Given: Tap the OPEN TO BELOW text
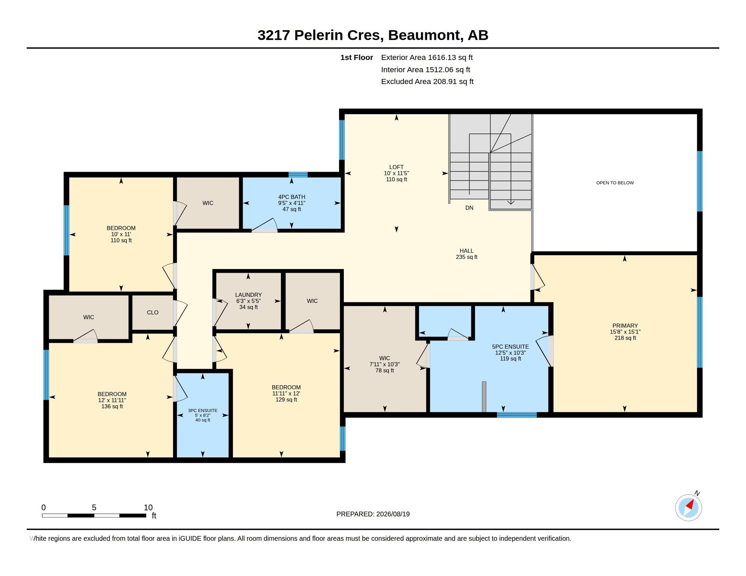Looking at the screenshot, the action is click(615, 183).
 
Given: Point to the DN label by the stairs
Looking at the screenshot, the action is click(469, 208).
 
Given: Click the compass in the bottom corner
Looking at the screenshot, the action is click(688, 508).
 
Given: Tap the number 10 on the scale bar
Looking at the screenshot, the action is click(148, 508).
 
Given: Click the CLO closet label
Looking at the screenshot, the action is click(153, 313).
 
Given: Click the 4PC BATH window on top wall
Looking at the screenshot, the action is click(298, 175).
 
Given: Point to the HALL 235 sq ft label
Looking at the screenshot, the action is click(467, 254).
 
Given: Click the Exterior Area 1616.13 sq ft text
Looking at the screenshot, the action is click(427, 58).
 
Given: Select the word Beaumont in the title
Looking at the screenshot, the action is click(424, 35).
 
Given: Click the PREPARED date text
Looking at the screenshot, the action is click(373, 514).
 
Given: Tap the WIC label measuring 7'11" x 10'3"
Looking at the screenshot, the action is click(385, 365).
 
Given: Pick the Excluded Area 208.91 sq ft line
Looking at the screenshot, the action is click(427, 82).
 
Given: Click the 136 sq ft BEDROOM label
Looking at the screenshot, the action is click(112, 400).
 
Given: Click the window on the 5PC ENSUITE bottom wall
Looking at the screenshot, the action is click(516, 415).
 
